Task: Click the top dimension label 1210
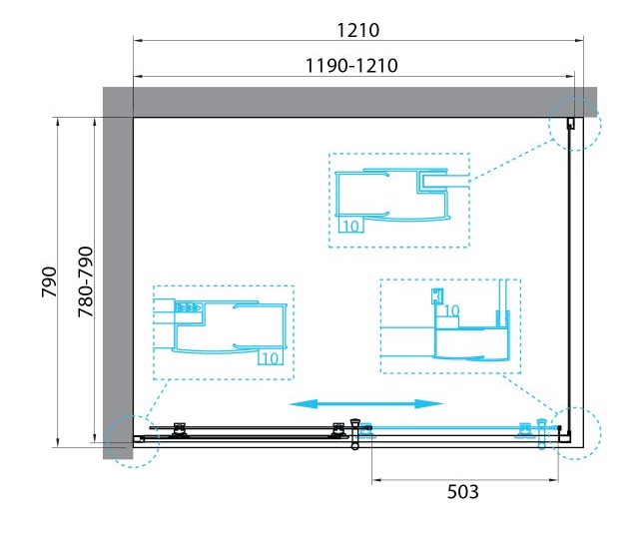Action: [357, 30]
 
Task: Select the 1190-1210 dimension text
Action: [351, 66]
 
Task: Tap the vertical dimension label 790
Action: [49, 281]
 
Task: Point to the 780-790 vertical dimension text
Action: [86, 281]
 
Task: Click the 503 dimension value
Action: [462, 492]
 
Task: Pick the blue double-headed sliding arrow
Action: [365, 404]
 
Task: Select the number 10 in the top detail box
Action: [350, 226]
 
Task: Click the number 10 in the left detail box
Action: [271, 358]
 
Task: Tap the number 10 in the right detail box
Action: [451, 311]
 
